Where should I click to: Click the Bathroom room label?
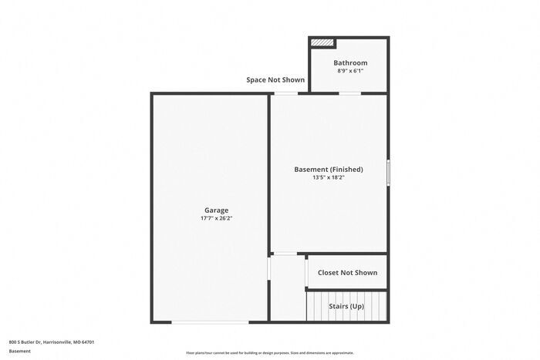pyautogui.click(x=349, y=62)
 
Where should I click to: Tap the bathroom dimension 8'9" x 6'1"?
pyautogui.click(x=349, y=71)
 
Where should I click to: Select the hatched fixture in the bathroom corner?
pyautogui.click(x=323, y=43)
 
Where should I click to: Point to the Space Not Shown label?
pyautogui.click(x=275, y=79)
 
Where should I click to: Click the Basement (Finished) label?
pyautogui.click(x=328, y=169)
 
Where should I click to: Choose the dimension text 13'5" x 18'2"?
pyautogui.click(x=328, y=177)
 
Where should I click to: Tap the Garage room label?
pyautogui.click(x=216, y=210)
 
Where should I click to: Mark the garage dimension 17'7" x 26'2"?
pyautogui.click(x=216, y=218)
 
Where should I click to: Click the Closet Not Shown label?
pyautogui.click(x=347, y=272)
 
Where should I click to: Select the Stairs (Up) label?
pyautogui.click(x=346, y=306)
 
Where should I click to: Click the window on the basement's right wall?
pyautogui.click(x=388, y=172)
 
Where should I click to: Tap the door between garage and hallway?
pyautogui.click(x=268, y=269)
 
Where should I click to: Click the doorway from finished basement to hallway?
pyautogui.click(x=285, y=254)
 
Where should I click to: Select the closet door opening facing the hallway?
pyautogui.click(x=307, y=272)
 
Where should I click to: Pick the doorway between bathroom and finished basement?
pyautogui.click(x=349, y=93)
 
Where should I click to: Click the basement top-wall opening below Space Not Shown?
pyautogui.click(x=287, y=93)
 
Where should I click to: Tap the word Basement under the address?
pyautogui.click(x=19, y=351)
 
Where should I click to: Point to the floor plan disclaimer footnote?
pyautogui.click(x=269, y=352)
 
